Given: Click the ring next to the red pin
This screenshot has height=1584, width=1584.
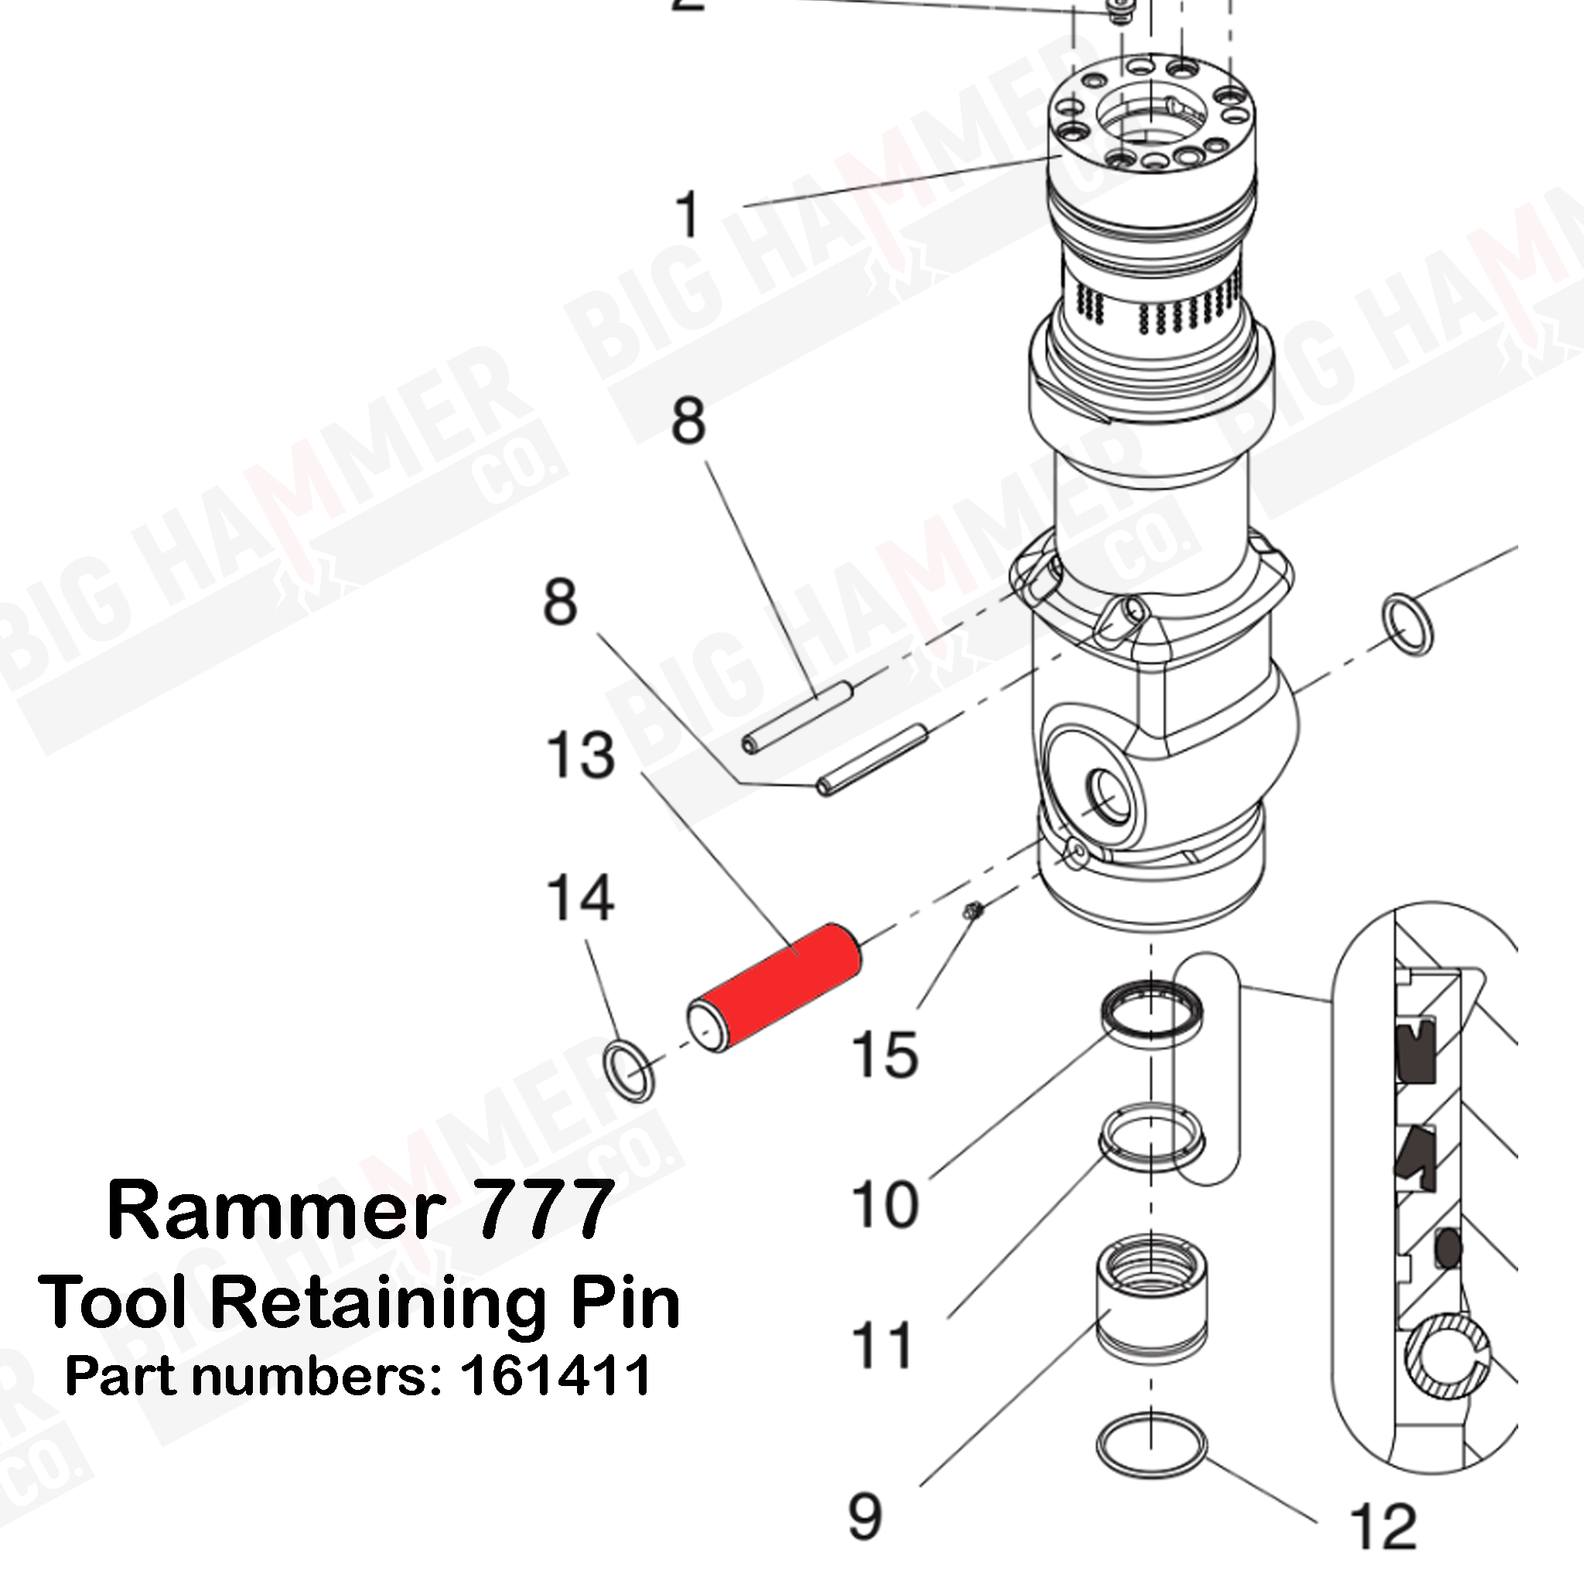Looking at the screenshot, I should [629, 1073].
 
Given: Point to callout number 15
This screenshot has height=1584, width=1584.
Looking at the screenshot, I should [884, 1054].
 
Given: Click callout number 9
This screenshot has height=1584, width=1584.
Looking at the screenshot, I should [865, 1517].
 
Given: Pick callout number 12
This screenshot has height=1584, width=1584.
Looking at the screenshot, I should [1383, 1526].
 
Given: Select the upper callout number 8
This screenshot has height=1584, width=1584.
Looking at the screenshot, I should [688, 422].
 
